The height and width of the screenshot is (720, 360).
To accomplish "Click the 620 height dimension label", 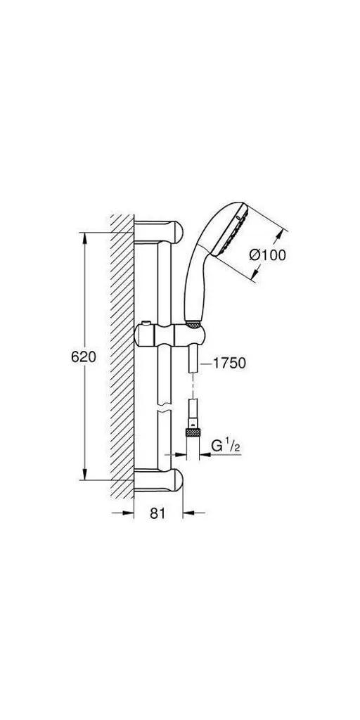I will coord(83,356).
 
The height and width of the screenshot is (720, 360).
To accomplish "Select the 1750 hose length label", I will coord(228,364).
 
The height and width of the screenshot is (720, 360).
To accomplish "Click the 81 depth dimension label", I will coord(157,514).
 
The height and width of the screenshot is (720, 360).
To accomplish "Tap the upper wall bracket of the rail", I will coord(160,232).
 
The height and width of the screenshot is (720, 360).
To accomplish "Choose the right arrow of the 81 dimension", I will coord(187,514).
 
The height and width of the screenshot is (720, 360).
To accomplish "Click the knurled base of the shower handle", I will coord(194,325).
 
